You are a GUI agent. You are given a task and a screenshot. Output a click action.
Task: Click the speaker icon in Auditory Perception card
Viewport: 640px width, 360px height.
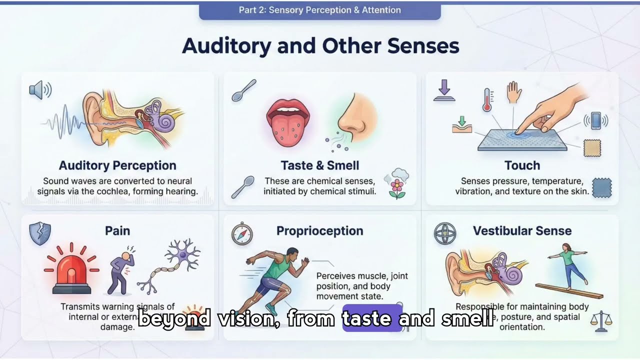40,90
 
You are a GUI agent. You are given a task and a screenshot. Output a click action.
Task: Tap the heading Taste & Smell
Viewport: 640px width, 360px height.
319,165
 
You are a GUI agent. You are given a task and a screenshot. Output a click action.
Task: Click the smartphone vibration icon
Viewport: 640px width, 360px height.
595,120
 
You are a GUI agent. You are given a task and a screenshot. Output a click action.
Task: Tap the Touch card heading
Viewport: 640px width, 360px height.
522,165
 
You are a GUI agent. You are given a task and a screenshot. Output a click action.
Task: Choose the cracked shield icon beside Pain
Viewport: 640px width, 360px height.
40,233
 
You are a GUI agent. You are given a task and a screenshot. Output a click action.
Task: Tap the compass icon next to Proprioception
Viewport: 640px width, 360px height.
242,233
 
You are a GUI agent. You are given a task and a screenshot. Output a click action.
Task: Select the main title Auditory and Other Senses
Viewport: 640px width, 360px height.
320,46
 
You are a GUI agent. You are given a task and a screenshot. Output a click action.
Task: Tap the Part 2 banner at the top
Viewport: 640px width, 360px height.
319,10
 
